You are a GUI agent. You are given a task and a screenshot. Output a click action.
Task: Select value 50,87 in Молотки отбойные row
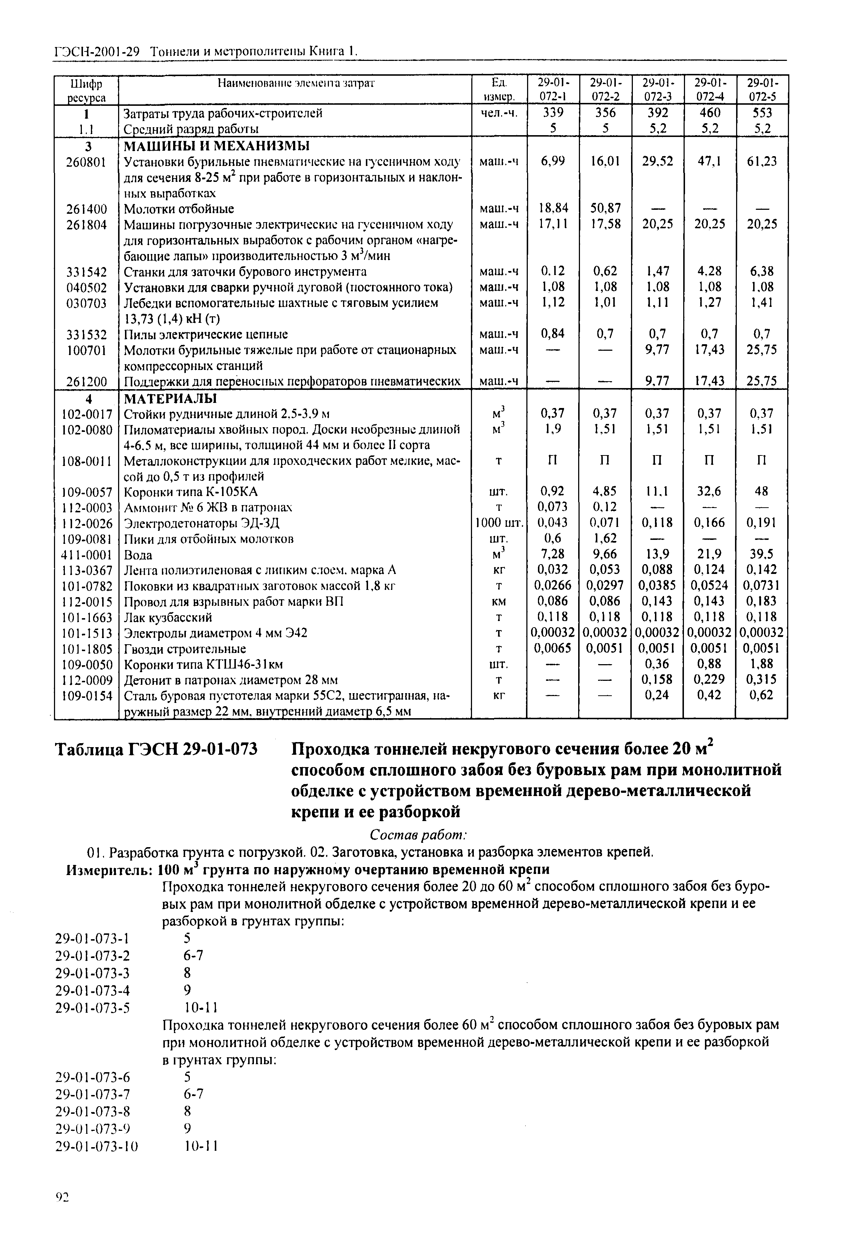tap(605, 208)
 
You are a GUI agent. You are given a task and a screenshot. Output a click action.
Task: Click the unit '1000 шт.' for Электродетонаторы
tap(499, 523)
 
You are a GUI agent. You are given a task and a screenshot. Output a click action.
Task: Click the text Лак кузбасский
tap(168, 617)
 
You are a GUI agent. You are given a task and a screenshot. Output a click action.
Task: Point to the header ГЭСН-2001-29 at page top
tap(97, 52)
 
